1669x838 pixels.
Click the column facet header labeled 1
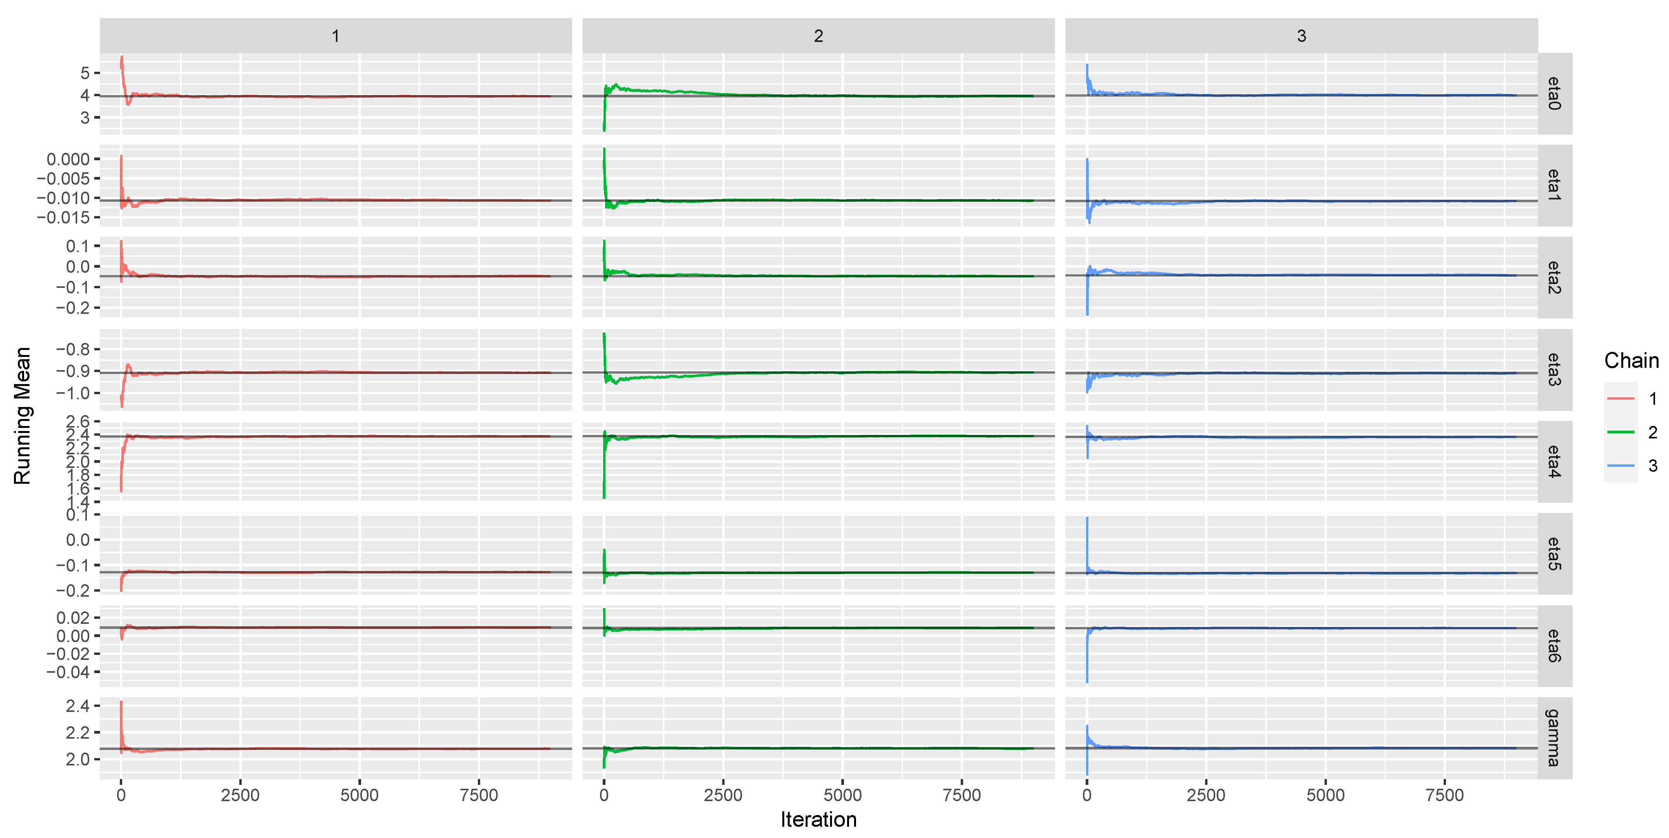click(336, 36)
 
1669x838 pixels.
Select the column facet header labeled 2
click(818, 36)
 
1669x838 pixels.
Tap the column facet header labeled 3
click(1301, 36)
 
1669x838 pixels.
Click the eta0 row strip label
click(1554, 94)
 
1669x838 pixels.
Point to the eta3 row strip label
click(1554, 369)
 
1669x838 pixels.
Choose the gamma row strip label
click(1554, 738)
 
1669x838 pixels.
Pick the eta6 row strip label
click(1554, 646)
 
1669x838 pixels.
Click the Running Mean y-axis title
click(22, 416)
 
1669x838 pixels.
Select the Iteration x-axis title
click(818, 820)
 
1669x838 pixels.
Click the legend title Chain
click(1631, 360)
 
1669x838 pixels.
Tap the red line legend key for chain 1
click(1621, 398)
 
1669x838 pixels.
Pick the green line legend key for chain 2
click(1621, 432)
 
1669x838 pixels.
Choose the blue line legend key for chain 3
click(1621, 465)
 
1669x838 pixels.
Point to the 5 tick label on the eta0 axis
click(85, 73)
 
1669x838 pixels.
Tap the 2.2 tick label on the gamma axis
click(77, 732)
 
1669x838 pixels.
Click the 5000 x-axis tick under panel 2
click(842, 795)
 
